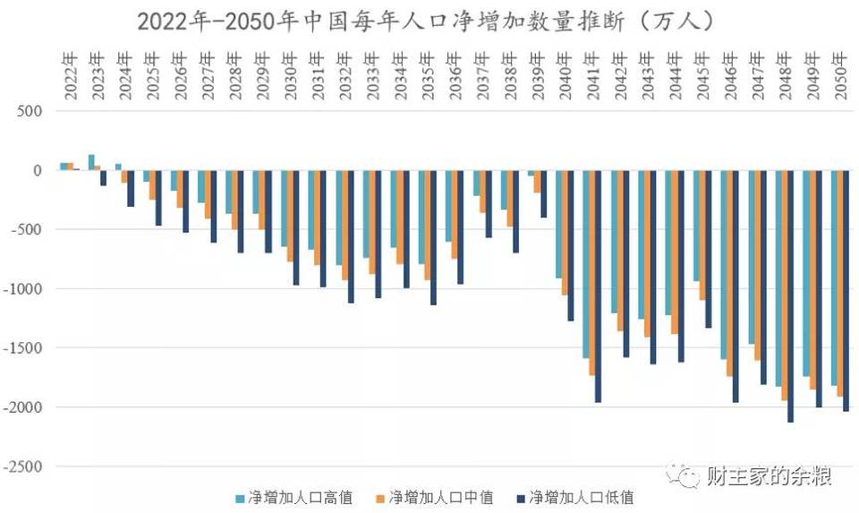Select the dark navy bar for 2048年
click(x=790, y=295)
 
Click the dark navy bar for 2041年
click(x=599, y=286)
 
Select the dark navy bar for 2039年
click(x=543, y=193)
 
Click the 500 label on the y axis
click(x=32, y=111)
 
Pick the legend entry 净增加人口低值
click(x=581, y=497)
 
